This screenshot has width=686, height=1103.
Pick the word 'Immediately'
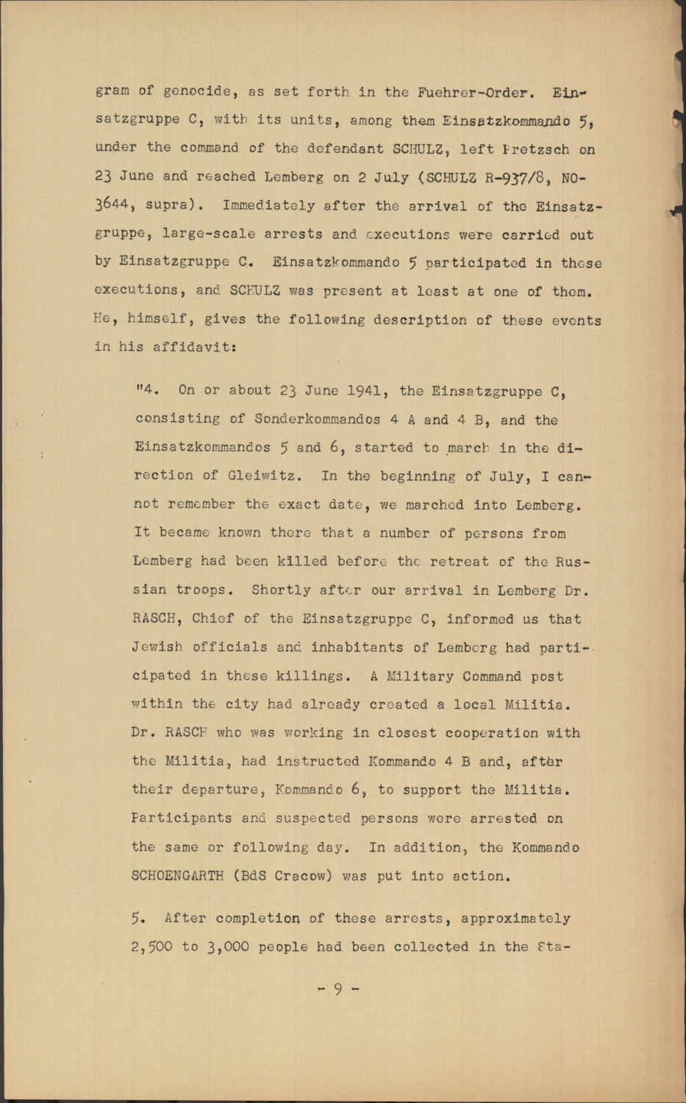(x=268, y=206)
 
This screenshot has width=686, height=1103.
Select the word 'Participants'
(x=182, y=818)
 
